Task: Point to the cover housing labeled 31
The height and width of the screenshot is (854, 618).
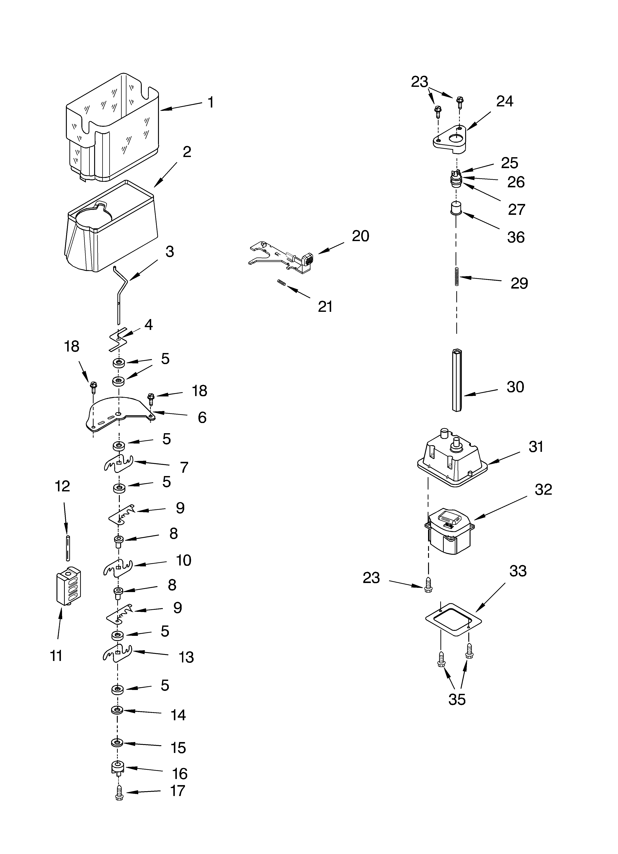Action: (452, 461)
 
